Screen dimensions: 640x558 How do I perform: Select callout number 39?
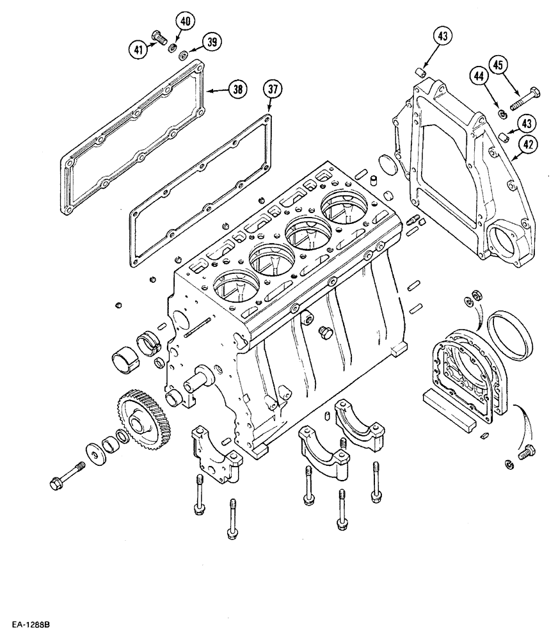[x=211, y=42]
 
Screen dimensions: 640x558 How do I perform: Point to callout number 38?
[x=237, y=90]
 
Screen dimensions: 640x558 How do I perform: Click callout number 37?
[x=273, y=90]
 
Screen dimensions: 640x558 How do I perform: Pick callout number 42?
[x=525, y=145]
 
